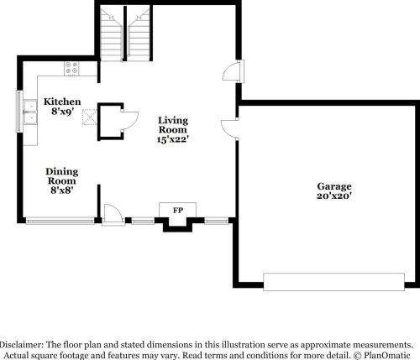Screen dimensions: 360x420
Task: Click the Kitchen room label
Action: (x=62, y=100)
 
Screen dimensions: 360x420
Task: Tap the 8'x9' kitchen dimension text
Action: (x=62, y=110)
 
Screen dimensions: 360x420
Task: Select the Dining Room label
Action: (x=61, y=175)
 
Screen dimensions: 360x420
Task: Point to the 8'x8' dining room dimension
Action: (x=61, y=190)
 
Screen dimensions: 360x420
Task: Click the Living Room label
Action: (x=173, y=125)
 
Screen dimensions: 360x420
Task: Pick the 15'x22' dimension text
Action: (x=173, y=139)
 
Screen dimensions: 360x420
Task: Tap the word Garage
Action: (x=333, y=185)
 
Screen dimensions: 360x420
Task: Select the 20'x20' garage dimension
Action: (x=333, y=196)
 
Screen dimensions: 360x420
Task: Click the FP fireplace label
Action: (x=178, y=208)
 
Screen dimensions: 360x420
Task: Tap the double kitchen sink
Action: (x=30, y=112)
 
